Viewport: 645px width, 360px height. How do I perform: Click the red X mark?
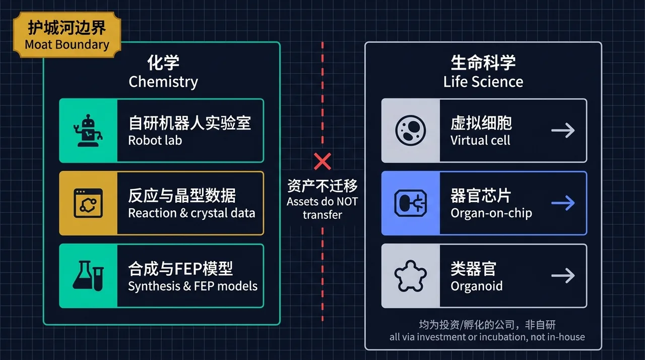(322, 161)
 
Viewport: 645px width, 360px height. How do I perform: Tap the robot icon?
(88, 131)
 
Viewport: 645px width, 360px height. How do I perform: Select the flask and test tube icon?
(88, 276)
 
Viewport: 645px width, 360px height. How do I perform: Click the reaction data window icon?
(88, 203)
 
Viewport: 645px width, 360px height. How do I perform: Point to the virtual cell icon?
(411, 131)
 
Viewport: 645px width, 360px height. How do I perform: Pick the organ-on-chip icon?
(411, 203)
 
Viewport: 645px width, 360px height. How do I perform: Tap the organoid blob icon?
(411, 276)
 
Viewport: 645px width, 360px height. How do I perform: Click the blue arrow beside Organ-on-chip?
(563, 203)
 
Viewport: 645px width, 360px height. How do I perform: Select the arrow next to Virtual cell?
(563, 131)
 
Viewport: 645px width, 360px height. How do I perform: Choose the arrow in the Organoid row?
(563, 276)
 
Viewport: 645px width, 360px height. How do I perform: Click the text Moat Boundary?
(67, 45)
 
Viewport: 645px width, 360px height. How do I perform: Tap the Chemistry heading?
(163, 82)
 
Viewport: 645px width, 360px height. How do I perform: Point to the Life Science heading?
(483, 82)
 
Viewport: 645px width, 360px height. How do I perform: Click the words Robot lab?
(155, 141)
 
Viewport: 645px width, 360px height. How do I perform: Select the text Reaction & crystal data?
(191, 213)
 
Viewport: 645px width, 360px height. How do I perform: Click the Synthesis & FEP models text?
(192, 286)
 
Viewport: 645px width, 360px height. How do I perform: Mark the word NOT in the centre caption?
(347, 202)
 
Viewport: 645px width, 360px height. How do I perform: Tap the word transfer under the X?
(322, 215)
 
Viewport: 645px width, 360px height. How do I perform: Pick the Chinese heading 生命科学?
(483, 63)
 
